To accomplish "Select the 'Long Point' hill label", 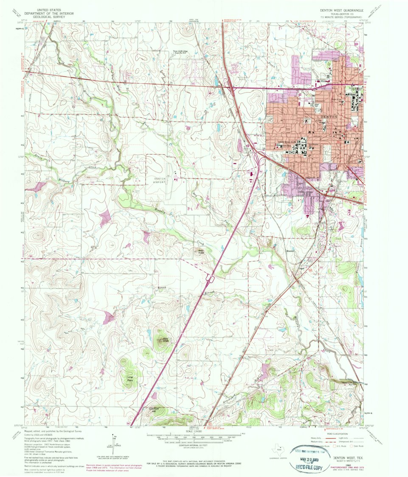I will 130,378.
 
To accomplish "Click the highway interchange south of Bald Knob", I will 209,278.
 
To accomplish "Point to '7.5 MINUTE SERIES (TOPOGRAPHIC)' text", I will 343,17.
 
